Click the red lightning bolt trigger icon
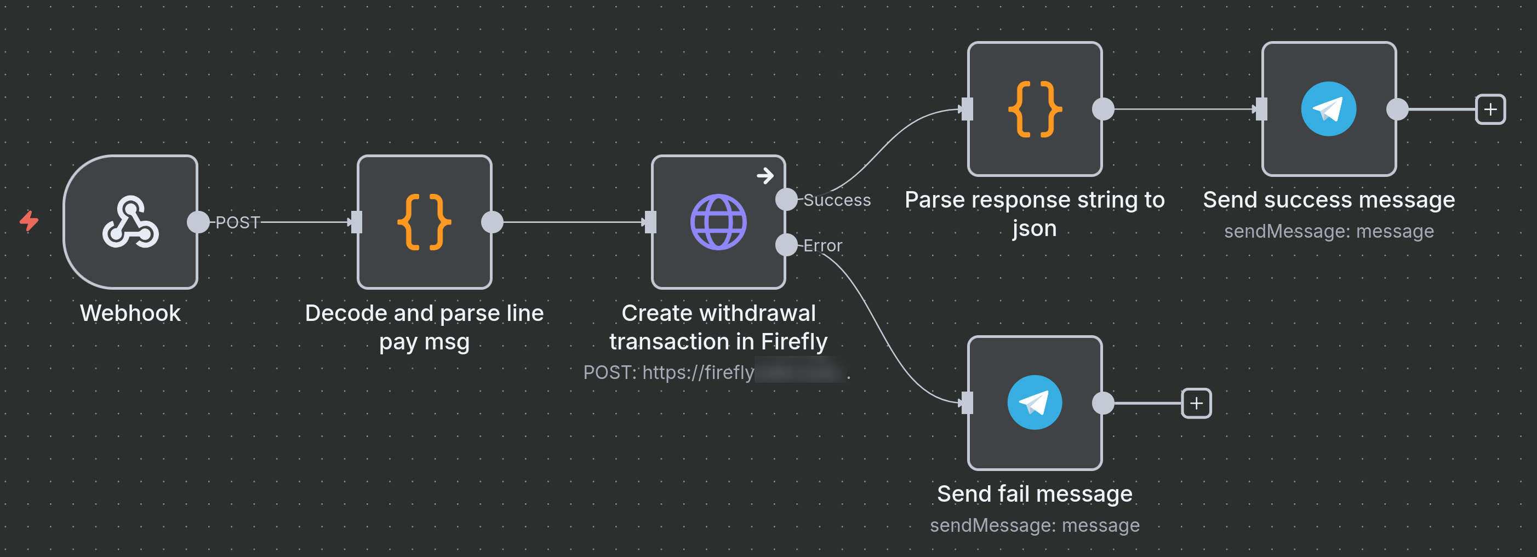28,221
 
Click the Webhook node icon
130,222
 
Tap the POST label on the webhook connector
237,222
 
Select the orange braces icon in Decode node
424,222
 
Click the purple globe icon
718,222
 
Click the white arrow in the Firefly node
765,176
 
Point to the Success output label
837,200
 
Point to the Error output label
822,246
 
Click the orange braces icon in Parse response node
1034,109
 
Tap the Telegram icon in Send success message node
1328,109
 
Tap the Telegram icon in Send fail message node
1034,403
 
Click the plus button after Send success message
1490,109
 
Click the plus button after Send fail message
1196,403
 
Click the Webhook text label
130,313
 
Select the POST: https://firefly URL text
668,372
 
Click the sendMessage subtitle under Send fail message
1034,525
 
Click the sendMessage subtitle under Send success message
1328,231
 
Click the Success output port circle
786,199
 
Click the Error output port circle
786,244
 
